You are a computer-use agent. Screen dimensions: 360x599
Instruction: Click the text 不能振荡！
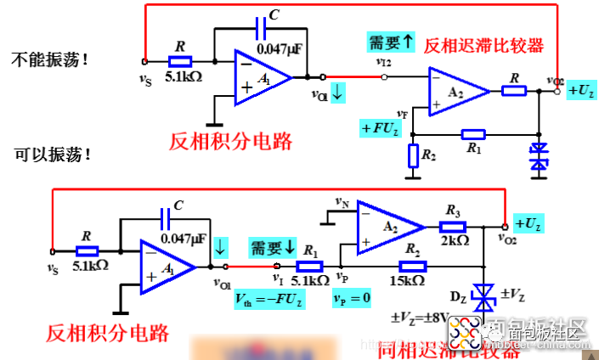(x=49, y=60)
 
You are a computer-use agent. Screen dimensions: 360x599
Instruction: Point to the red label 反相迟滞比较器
(x=483, y=45)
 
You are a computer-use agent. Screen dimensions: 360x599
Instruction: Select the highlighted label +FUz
(x=380, y=128)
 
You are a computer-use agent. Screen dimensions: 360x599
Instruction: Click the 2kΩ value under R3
(x=455, y=240)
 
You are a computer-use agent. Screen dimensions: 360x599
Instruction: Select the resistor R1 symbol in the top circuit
(x=472, y=134)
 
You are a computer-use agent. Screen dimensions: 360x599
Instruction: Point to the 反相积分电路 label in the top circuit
(x=231, y=141)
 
